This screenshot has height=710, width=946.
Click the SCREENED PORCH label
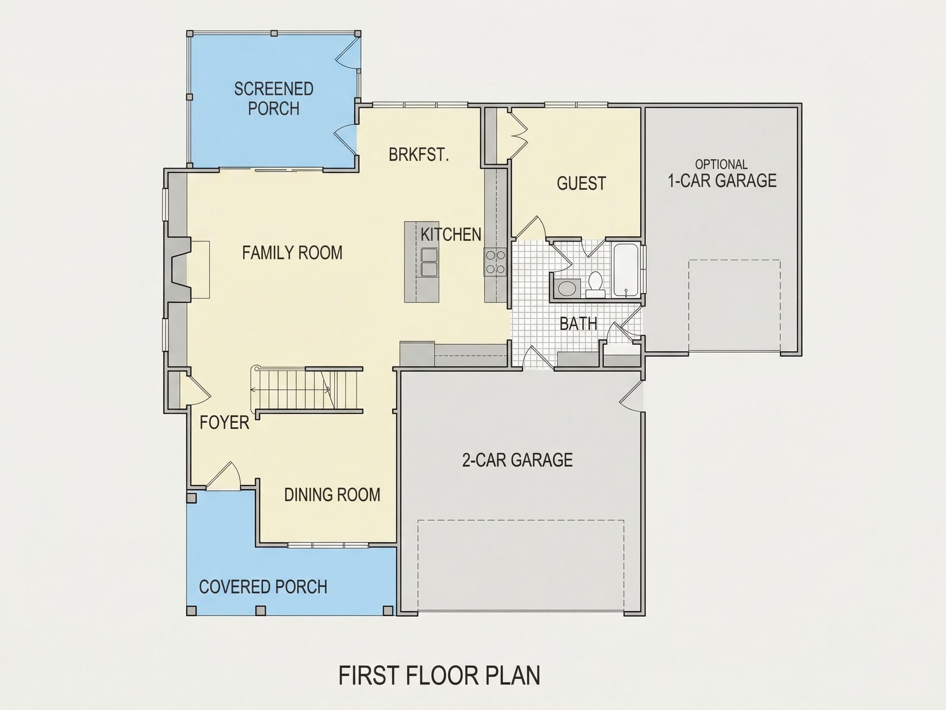click(x=274, y=99)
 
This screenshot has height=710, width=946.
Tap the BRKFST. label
click(x=419, y=154)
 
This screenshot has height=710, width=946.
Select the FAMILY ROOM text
click(x=292, y=253)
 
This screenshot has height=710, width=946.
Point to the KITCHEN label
click(x=451, y=235)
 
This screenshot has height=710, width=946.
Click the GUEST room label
click(x=581, y=183)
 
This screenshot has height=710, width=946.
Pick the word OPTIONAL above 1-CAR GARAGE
click(x=721, y=164)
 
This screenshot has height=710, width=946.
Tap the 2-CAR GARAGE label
click(x=517, y=460)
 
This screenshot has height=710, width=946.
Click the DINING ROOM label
click(x=332, y=495)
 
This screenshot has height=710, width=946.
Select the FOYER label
click(x=224, y=422)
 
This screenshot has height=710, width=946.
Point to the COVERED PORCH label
click(x=263, y=587)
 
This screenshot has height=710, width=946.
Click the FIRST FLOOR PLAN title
click(x=439, y=675)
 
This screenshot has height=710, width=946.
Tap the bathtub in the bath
click(x=627, y=270)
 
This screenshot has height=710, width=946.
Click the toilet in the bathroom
click(x=595, y=284)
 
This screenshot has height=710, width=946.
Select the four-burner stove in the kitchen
click(x=495, y=261)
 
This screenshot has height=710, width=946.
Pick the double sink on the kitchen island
click(x=429, y=262)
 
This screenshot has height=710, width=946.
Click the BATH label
click(x=578, y=323)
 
